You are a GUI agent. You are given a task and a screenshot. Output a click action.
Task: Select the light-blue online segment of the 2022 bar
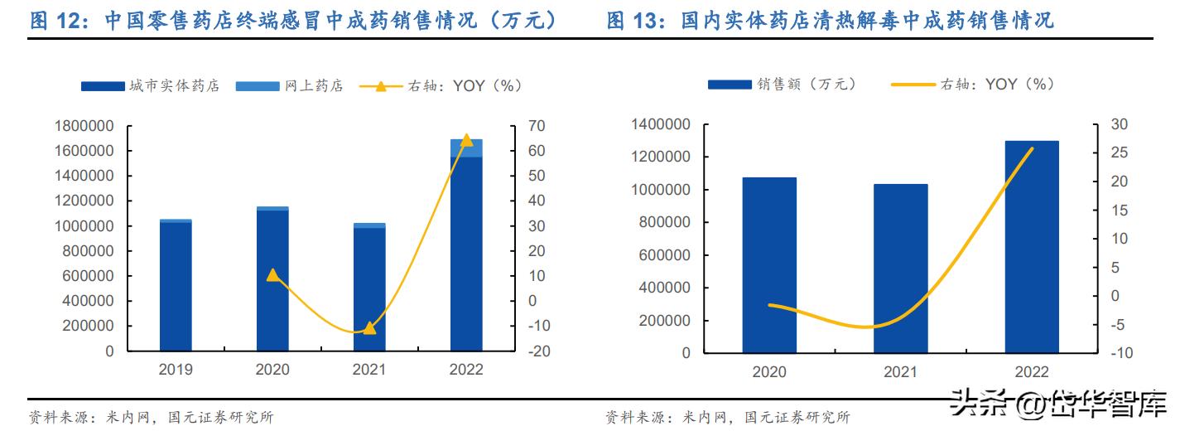[x=466, y=148]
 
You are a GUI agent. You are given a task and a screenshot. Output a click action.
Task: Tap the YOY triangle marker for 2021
[x=369, y=327]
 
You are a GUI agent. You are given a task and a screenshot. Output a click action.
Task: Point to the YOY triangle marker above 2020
[x=272, y=274]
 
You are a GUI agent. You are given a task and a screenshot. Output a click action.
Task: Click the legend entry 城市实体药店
[x=150, y=85]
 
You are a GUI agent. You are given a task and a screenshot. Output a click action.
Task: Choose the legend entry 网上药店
[x=288, y=85]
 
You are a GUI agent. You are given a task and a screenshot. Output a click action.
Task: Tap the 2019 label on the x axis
[x=176, y=370]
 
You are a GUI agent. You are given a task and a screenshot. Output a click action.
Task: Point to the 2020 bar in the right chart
[x=769, y=264]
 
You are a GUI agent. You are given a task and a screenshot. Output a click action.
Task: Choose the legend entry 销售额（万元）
[x=782, y=84]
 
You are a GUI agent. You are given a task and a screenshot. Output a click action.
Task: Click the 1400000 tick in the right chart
[x=660, y=124]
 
